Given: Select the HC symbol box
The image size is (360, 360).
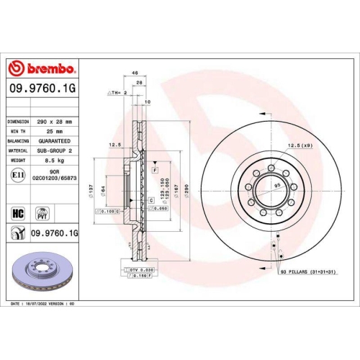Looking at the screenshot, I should point(19,213).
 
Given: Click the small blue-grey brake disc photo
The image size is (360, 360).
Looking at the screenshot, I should point(41,273).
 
